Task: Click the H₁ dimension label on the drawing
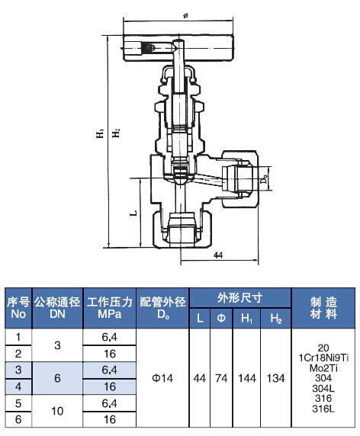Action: coord(100,133)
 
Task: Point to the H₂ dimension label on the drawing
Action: coord(116,133)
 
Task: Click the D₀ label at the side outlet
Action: coord(263,180)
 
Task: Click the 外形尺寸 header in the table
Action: coord(239,297)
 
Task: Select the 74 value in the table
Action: coord(221,378)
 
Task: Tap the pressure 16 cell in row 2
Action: coord(109,353)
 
